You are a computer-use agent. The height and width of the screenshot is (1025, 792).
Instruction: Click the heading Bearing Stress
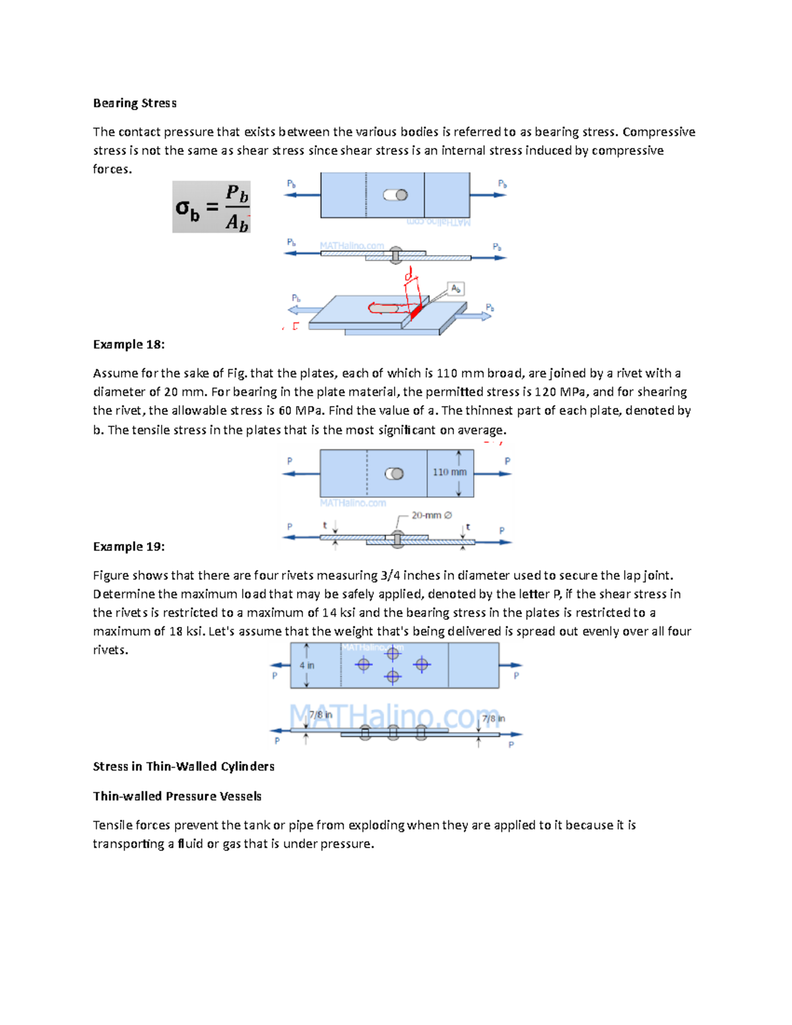(x=135, y=103)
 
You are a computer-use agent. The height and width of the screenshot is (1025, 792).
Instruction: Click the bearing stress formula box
(x=211, y=207)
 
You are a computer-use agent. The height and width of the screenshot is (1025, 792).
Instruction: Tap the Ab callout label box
(x=455, y=288)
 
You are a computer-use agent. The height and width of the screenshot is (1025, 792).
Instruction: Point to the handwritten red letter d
(x=409, y=273)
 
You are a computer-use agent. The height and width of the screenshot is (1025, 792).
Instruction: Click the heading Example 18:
(x=129, y=345)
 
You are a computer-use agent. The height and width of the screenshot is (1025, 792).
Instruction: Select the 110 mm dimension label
(x=449, y=472)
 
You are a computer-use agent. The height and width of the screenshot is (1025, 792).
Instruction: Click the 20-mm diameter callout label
(x=432, y=515)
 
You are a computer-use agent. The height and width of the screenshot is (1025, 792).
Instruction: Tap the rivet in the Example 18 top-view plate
(x=394, y=474)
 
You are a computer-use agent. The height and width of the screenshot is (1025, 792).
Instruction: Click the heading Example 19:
(x=129, y=546)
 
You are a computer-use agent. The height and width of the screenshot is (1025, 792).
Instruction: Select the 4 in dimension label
(x=307, y=665)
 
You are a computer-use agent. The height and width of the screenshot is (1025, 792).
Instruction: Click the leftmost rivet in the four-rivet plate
(x=364, y=665)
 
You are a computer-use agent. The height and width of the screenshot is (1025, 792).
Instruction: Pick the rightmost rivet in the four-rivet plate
(x=422, y=665)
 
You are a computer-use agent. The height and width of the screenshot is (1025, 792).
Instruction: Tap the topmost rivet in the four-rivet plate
(x=393, y=654)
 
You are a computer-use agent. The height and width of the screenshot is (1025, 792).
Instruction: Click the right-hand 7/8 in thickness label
(x=493, y=719)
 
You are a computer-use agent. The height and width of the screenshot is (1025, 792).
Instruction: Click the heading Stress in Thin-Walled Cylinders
(x=183, y=766)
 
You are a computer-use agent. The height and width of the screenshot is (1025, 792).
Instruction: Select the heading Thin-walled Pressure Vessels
(x=177, y=796)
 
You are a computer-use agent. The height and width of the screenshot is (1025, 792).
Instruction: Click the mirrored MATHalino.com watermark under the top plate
(x=438, y=223)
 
